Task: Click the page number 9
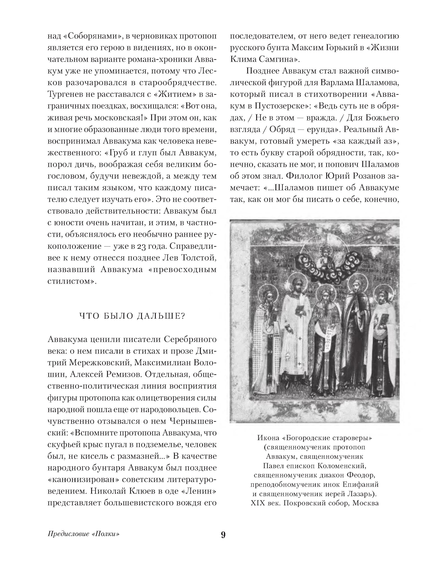tap(223, 535)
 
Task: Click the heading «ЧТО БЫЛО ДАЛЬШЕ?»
tap(132, 316)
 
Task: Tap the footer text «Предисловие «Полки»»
tap(84, 534)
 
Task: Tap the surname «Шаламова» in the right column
tap(377, 83)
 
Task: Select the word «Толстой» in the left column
tap(199, 258)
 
